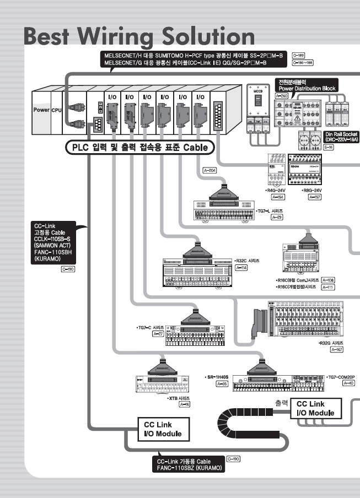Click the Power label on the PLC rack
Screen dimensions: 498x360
click(40, 110)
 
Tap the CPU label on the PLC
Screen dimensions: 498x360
click(56, 110)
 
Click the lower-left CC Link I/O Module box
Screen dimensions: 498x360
click(162, 429)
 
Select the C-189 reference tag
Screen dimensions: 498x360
click(298, 55)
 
